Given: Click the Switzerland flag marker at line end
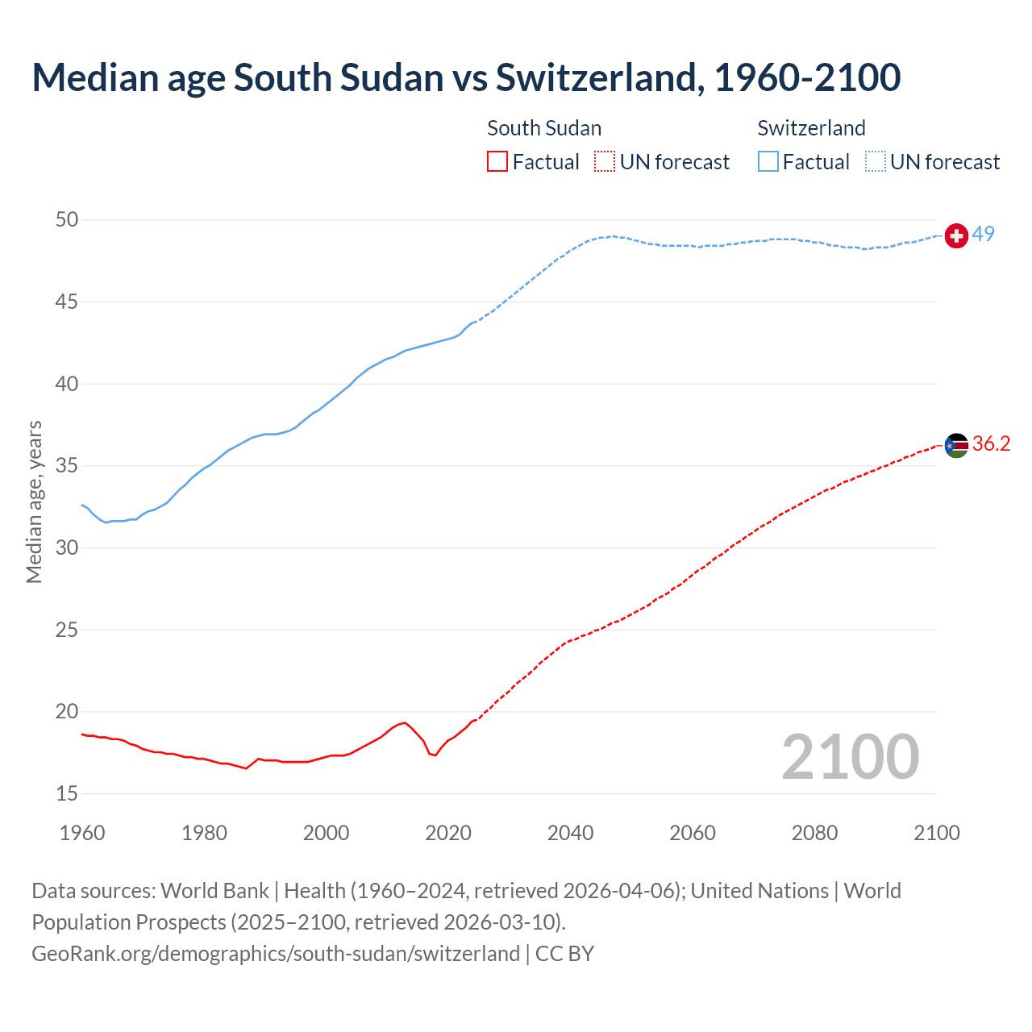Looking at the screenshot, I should (x=956, y=235).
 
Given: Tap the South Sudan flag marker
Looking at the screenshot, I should (x=956, y=445).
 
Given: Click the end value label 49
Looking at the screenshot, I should (x=984, y=234).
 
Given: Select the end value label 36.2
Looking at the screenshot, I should (x=992, y=443).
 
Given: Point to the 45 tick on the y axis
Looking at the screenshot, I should (x=67, y=302).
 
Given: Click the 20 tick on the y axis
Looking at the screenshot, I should (x=67, y=711).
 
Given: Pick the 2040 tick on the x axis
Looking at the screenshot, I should (x=570, y=833).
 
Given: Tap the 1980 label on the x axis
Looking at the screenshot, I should (x=204, y=833).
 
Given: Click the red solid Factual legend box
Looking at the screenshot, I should (x=497, y=162).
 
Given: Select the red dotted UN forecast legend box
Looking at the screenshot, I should (x=605, y=162).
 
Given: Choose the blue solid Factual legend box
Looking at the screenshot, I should (x=768, y=162).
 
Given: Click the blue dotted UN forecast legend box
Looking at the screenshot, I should (x=876, y=162).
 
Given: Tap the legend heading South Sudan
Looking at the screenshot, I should (x=544, y=128).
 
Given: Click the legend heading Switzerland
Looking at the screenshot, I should (x=811, y=128).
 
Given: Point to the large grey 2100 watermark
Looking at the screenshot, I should (x=850, y=756).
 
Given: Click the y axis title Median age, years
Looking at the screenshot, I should (x=34, y=501).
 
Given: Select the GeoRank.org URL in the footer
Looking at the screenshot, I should (x=276, y=953).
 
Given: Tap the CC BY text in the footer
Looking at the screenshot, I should (x=564, y=953).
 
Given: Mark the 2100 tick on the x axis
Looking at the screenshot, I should (x=937, y=833).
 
